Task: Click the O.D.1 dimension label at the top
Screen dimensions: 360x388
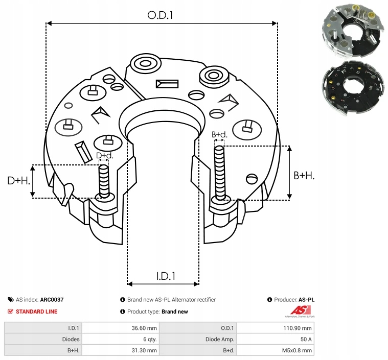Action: click(x=161, y=15)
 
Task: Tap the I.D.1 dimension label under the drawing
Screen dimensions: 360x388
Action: click(x=166, y=276)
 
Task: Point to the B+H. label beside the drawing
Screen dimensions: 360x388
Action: click(x=304, y=175)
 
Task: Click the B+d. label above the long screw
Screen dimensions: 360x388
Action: click(x=219, y=135)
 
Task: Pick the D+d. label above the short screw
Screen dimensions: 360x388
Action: click(x=104, y=155)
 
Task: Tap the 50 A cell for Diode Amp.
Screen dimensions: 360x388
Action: click(x=306, y=339)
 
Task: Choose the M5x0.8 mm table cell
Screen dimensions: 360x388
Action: click(x=298, y=350)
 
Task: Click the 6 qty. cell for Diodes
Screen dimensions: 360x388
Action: click(x=149, y=339)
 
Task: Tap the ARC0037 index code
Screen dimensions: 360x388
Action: click(x=52, y=300)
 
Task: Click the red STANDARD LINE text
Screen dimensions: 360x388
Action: click(x=36, y=311)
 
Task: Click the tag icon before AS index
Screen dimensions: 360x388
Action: click(x=11, y=300)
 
